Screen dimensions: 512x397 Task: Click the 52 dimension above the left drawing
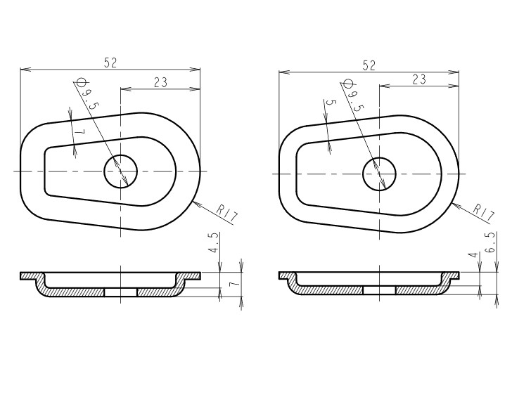110,63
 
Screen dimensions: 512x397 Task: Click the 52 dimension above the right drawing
369,65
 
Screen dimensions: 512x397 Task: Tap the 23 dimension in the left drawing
160,82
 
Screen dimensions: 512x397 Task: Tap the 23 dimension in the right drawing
419,79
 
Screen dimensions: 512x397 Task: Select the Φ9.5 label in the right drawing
352,95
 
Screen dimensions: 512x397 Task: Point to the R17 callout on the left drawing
227,214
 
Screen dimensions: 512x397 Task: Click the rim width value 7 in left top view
80,132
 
